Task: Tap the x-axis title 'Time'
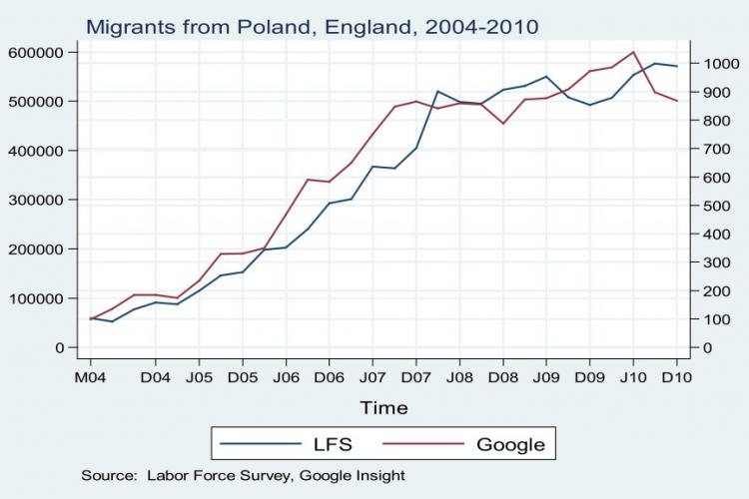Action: pyautogui.click(x=384, y=407)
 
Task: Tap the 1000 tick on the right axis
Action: pyautogui.click(x=719, y=64)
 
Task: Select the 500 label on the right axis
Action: pyautogui.click(x=715, y=206)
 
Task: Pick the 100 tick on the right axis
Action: pyautogui.click(x=715, y=319)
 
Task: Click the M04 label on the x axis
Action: pyautogui.click(x=90, y=378)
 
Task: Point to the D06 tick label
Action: pyautogui.click(x=329, y=378)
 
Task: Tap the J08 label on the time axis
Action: pyautogui.click(x=459, y=378)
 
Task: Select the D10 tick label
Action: pyautogui.click(x=677, y=378)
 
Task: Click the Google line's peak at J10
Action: pyautogui.click(x=633, y=52)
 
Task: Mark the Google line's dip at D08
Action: pyautogui.click(x=502, y=124)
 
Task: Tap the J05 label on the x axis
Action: pyautogui.click(x=199, y=378)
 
